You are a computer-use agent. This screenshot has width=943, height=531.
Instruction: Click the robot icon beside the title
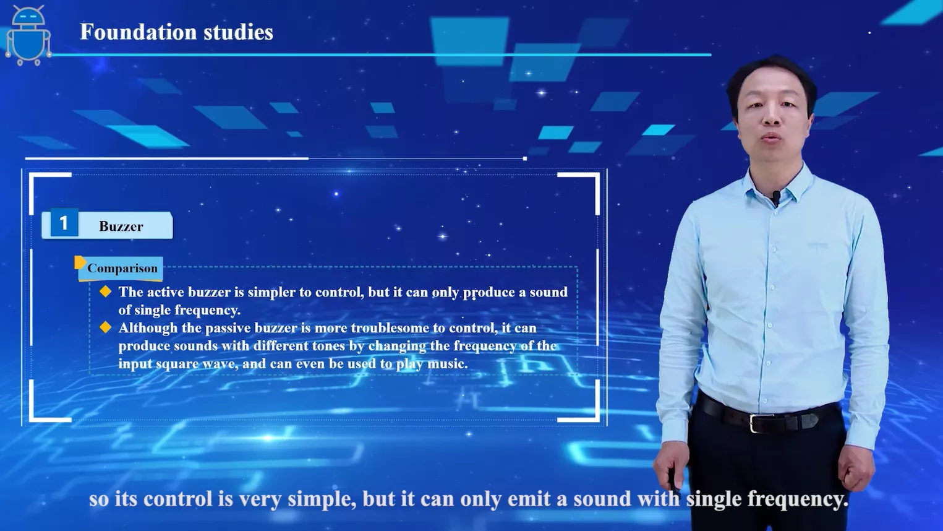[28, 36]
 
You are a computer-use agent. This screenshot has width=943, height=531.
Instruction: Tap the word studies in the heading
[238, 32]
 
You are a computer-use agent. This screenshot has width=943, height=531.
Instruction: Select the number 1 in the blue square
[64, 223]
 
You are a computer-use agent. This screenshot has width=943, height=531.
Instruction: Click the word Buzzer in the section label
[121, 227]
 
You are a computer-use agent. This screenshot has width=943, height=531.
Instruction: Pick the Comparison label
[122, 269]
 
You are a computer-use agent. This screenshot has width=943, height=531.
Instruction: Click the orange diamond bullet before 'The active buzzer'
[105, 291]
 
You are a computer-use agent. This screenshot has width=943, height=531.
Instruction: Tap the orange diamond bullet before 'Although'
[105, 327]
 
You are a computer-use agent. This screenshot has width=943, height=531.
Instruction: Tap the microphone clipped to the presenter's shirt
[776, 198]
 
